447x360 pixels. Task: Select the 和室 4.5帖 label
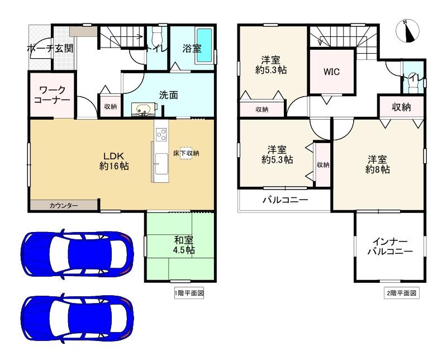[182, 245]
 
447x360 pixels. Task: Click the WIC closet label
[331, 72]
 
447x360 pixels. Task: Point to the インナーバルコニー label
[389, 247]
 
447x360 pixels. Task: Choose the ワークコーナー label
[51, 94]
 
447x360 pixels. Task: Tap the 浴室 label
[192, 49]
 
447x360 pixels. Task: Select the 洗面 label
[169, 95]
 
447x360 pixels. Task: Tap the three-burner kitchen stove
[161, 134]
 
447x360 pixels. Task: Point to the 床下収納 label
[186, 153]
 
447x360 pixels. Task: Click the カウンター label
[64, 206]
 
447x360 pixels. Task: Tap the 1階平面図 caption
[188, 293]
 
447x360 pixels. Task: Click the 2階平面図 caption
[401, 293]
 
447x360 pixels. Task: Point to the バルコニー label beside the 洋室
[285, 200]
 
